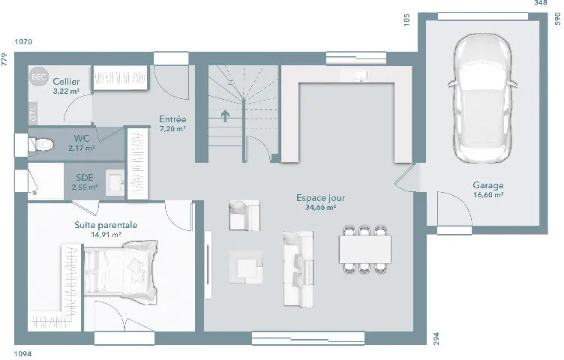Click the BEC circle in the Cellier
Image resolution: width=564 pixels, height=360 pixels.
pos(38,76)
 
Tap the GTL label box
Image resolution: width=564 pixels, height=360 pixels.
pos(33,113)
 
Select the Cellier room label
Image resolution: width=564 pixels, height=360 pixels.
pos(66,82)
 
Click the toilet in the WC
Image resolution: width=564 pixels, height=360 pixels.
pos(41,145)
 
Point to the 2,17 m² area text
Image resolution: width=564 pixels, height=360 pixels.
pos(82,148)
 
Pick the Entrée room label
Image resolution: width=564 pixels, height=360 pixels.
pos(172,119)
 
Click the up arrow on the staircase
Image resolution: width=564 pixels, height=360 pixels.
pos(225,115)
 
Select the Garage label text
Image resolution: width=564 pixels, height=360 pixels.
pos(488,185)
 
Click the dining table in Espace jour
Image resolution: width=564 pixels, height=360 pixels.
pos(365,249)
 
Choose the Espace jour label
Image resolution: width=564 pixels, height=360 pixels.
pos(321,198)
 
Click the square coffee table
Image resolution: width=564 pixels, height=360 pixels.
pos(246,267)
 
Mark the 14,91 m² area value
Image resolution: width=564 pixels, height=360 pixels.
pos(106,235)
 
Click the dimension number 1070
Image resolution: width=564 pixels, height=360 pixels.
pos(23,42)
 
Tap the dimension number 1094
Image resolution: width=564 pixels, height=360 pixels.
pos(23,354)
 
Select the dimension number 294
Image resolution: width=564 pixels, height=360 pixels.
pos(436,339)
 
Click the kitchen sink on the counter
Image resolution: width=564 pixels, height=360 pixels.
pos(360,76)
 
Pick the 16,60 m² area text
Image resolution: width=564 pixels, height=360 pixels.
pos(488,195)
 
